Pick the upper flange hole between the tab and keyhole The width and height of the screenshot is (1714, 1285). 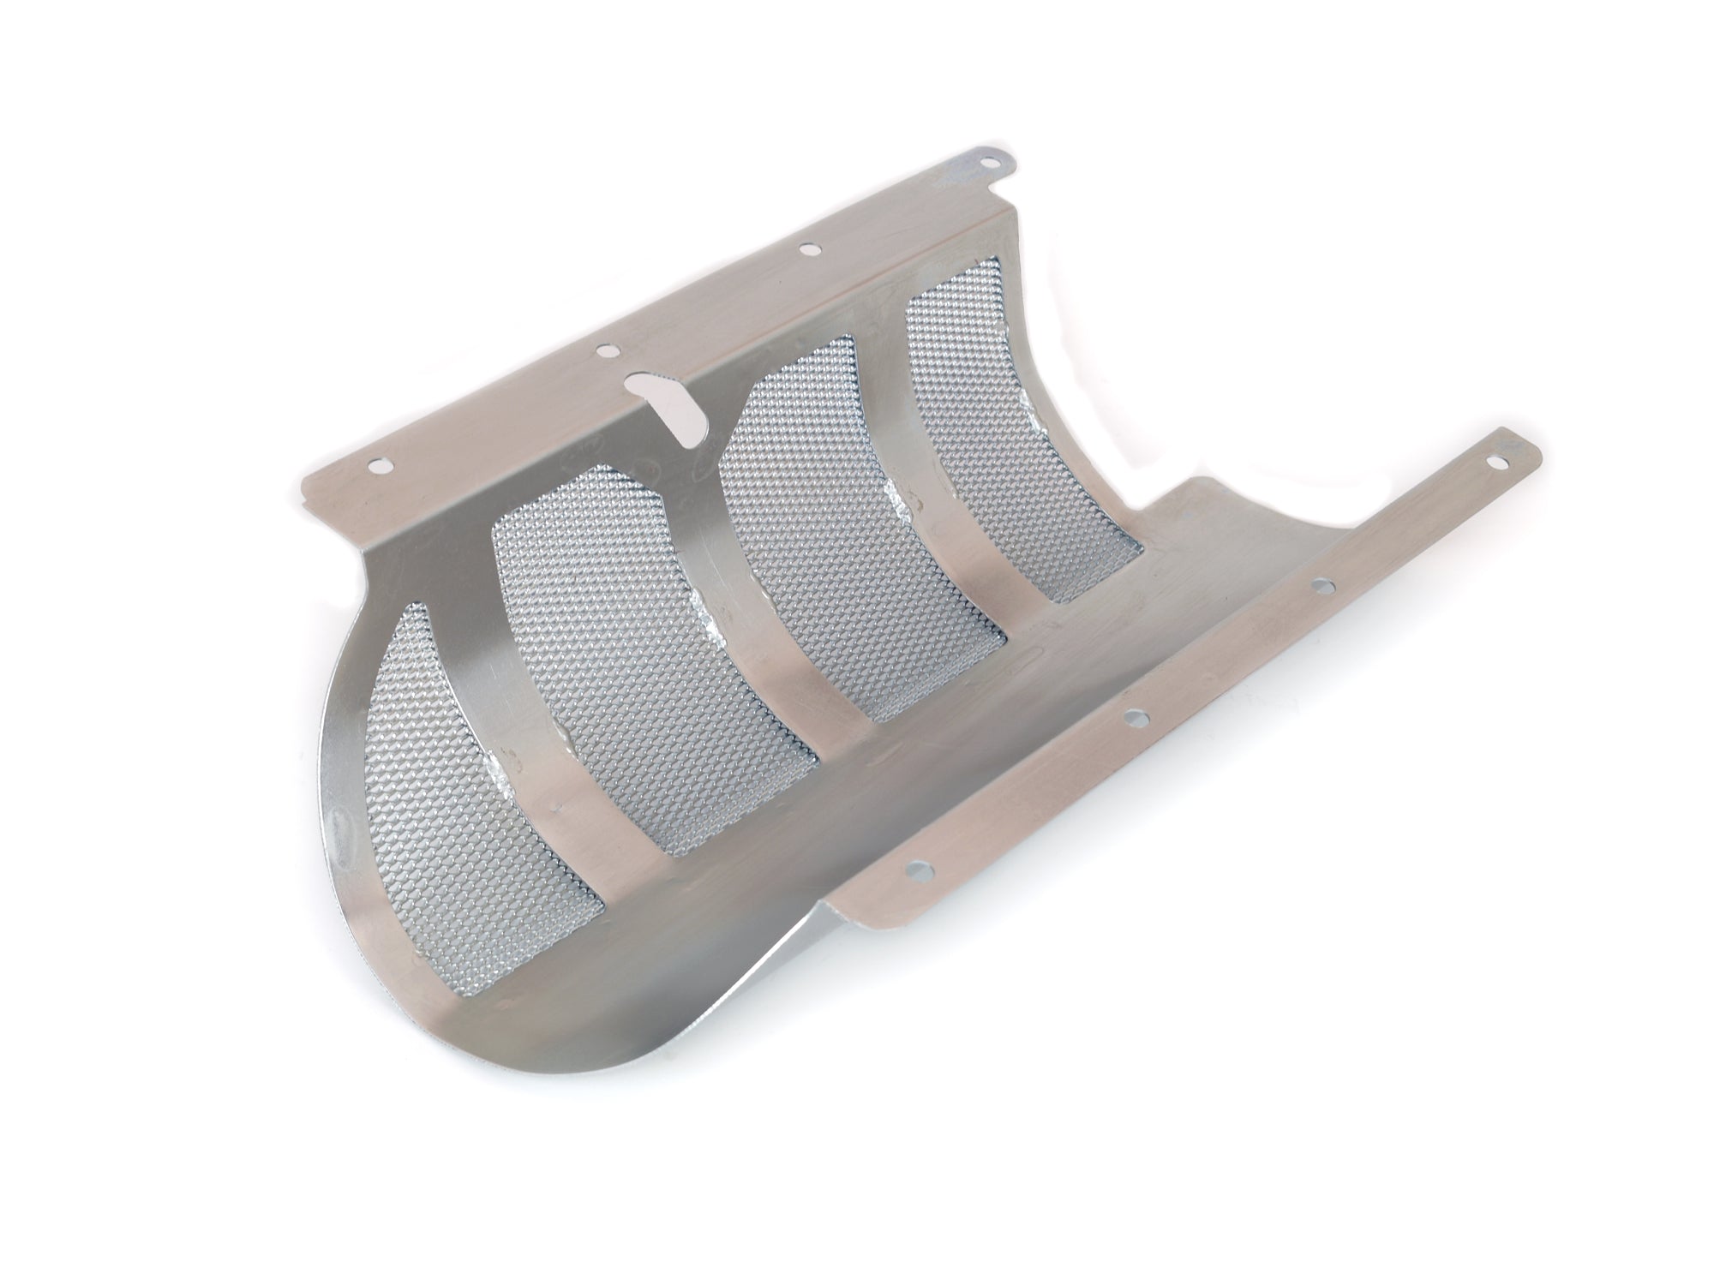point(807,249)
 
